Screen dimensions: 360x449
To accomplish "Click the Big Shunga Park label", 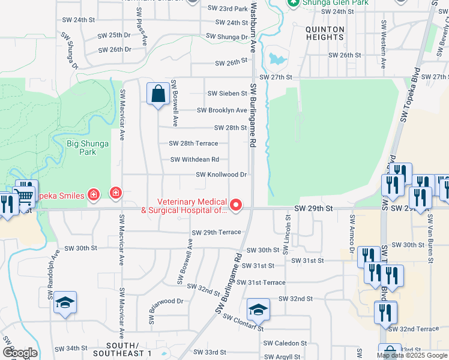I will (x=81, y=148).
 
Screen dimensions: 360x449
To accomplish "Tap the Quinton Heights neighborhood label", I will (x=325, y=33).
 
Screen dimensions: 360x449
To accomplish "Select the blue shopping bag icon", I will (x=158, y=94).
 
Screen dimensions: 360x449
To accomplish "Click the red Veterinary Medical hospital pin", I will (x=237, y=206).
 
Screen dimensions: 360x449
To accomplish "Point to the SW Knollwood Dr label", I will (x=221, y=175).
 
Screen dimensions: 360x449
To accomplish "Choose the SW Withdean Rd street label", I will (x=194, y=160).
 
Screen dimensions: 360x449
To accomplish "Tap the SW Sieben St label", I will (x=227, y=94).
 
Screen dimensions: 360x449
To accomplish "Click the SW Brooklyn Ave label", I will (x=222, y=110).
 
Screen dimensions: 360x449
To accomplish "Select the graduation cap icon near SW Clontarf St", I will (x=258, y=310).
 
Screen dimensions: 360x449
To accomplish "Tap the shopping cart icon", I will (x=25, y=195).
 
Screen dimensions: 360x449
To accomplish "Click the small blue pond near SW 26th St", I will (x=277, y=59).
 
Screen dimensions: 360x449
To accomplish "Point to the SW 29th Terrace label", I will (x=216, y=232).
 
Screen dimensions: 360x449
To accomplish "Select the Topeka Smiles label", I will (x=60, y=195).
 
